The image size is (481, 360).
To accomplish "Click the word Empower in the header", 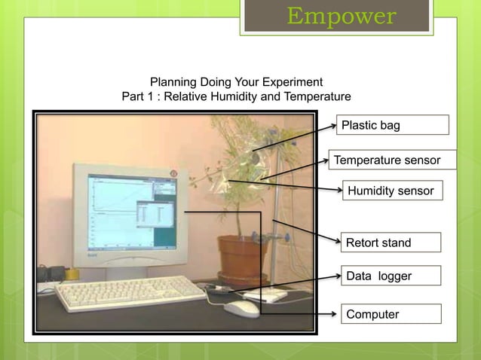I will click(x=341, y=16).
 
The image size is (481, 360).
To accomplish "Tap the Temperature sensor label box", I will click(x=393, y=160).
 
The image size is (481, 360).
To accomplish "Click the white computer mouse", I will click(x=241, y=309).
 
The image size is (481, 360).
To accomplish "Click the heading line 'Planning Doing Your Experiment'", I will click(x=237, y=81).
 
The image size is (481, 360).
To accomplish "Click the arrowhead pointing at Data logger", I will click(x=337, y=276).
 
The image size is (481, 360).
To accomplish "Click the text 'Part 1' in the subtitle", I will click(x=139, y=97).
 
